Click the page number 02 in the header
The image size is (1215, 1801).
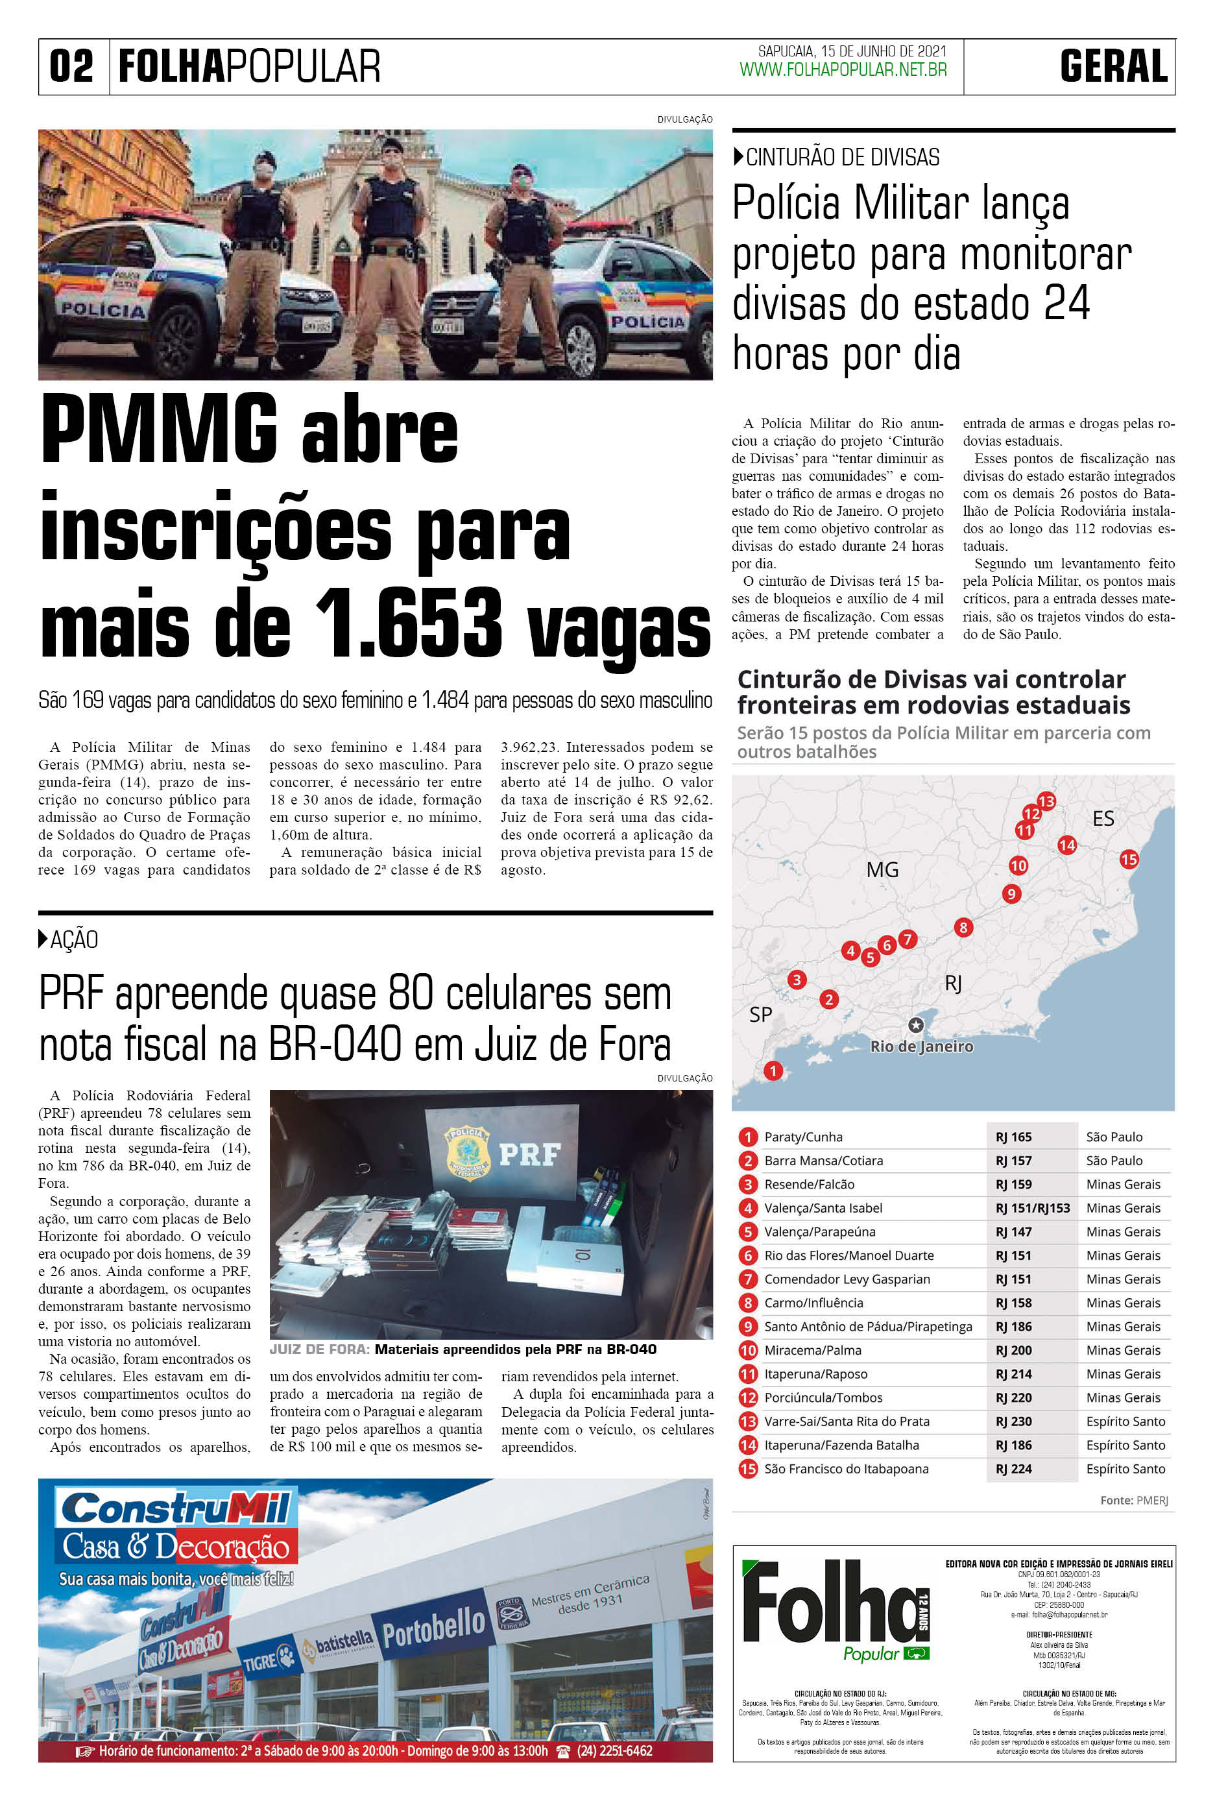71,67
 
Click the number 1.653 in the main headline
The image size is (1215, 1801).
409,625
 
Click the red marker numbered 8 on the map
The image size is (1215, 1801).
963,927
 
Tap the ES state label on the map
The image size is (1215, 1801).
1103,818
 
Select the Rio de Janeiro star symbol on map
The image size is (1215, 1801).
916,1025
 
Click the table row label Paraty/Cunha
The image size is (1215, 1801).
803,1137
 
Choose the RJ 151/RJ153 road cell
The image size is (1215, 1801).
1032,1207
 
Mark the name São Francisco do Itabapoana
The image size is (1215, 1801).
846,1469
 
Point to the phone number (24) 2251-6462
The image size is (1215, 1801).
614,1750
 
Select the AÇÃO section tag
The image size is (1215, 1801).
73,940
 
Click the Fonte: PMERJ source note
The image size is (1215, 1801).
1134,1501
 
